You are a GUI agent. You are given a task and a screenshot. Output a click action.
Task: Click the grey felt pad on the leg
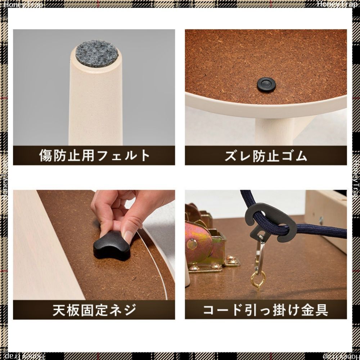tap(97, 54)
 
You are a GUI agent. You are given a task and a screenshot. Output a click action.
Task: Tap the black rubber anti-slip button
tap(266, 85)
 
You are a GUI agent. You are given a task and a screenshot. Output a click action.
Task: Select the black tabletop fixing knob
tap(112, 246)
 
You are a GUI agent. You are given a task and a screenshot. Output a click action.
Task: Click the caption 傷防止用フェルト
tap(94, 156)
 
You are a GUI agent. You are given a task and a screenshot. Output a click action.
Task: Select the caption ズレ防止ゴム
tap(266, 156)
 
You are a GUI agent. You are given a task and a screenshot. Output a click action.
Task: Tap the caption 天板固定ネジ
tap(94, 310)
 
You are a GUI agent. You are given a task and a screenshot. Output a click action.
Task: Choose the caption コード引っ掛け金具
tap(266, 310)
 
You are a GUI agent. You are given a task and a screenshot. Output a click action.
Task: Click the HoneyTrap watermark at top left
tap(23, 4)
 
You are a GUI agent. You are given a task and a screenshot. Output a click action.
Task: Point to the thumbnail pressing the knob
tap(128, 236)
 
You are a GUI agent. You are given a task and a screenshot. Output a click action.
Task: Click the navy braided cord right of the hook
tap(321, 231)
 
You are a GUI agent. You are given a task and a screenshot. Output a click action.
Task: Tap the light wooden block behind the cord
tap(326, 218)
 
